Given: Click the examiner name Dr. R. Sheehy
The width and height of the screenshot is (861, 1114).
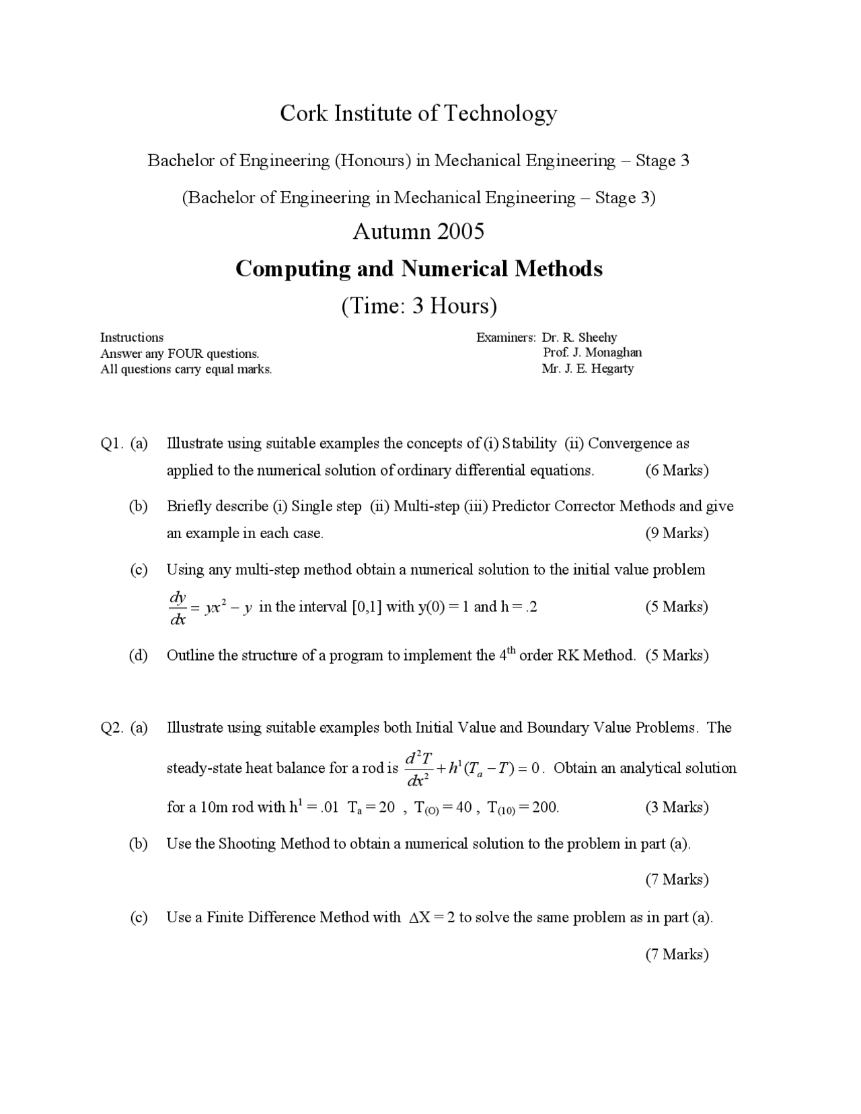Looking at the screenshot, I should [x=579, y=337].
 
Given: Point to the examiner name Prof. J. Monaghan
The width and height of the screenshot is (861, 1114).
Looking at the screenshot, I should [x=593, y=352].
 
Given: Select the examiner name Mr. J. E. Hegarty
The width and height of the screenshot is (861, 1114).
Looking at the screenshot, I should [x=587, y=369].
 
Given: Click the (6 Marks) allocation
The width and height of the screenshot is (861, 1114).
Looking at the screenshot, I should [x=677, y=470].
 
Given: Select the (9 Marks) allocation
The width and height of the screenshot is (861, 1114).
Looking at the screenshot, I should [x=677, y=533].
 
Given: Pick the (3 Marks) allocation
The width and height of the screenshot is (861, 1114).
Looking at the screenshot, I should [x=677, y=807].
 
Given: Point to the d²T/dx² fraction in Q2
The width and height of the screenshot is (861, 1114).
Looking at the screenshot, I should [x=418, y=769].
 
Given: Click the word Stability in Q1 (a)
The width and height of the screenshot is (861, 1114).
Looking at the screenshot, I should [x=529, y=443].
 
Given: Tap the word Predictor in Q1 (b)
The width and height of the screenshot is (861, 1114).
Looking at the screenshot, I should [x=520, y=506].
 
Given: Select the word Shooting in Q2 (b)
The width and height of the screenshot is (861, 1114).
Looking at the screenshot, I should [x=247, y=844].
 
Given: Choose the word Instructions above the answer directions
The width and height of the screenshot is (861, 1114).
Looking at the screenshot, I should [x=132, y=337].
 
